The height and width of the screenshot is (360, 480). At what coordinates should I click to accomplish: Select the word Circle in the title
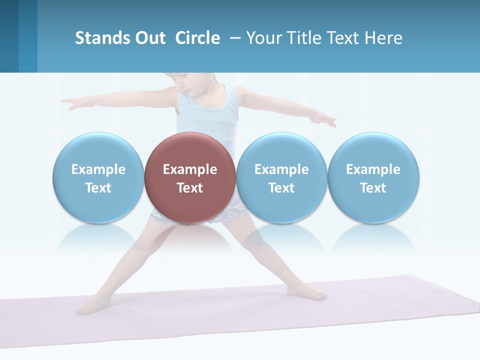197,38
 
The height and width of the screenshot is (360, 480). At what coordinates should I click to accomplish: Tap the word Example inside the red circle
190,169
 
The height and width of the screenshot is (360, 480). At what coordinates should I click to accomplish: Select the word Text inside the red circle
190,188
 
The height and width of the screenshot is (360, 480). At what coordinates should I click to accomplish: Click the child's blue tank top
207,112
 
